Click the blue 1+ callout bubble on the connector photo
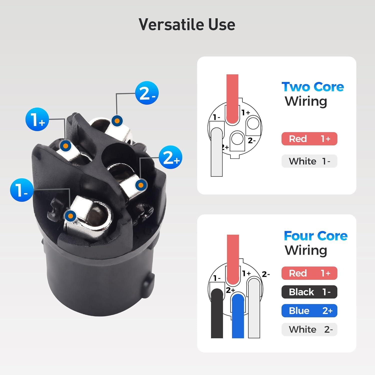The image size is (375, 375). click(x=37, y=119)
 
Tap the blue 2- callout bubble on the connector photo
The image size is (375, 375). click(x=147, y=93)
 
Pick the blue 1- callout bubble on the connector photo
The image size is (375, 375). click(x=22, y=190)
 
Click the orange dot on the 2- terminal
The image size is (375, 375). click(x=117, y=121)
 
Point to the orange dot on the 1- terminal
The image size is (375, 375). click(x=70, y=215)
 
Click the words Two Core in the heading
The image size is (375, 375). click(x=313, y=87)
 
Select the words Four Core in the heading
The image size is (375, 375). click(x=316, y=236)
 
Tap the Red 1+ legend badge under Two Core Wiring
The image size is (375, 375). click(x=309, y=139)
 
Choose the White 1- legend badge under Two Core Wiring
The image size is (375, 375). click(x=309, y=161)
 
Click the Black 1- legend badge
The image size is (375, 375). click(x=309, y=292)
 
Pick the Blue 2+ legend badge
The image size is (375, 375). click(x=309, y=310)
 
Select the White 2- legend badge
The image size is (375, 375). click(x=309, y=329)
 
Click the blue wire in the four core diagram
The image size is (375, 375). click(x=238, y=316)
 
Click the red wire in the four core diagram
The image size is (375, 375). click(x=233, y=260)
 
